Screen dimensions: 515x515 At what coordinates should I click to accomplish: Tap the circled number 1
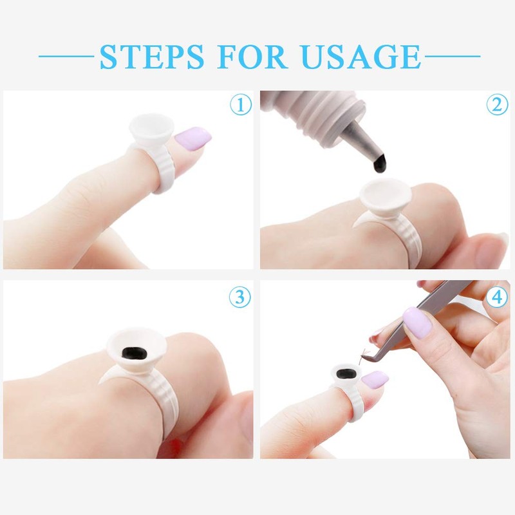pos(240,104)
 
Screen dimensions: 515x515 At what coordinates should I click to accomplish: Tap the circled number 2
pos(497,104)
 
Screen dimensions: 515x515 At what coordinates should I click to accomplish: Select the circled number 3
pos(240,297)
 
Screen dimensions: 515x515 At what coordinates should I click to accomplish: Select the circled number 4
pos(497,297)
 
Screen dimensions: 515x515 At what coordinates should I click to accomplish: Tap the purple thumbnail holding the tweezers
pos(417,322)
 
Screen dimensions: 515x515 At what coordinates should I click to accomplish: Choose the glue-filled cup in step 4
pos(346,376)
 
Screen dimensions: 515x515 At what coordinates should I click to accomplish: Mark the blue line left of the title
pos(68,57)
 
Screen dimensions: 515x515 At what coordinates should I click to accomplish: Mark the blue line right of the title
pos(451,57)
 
